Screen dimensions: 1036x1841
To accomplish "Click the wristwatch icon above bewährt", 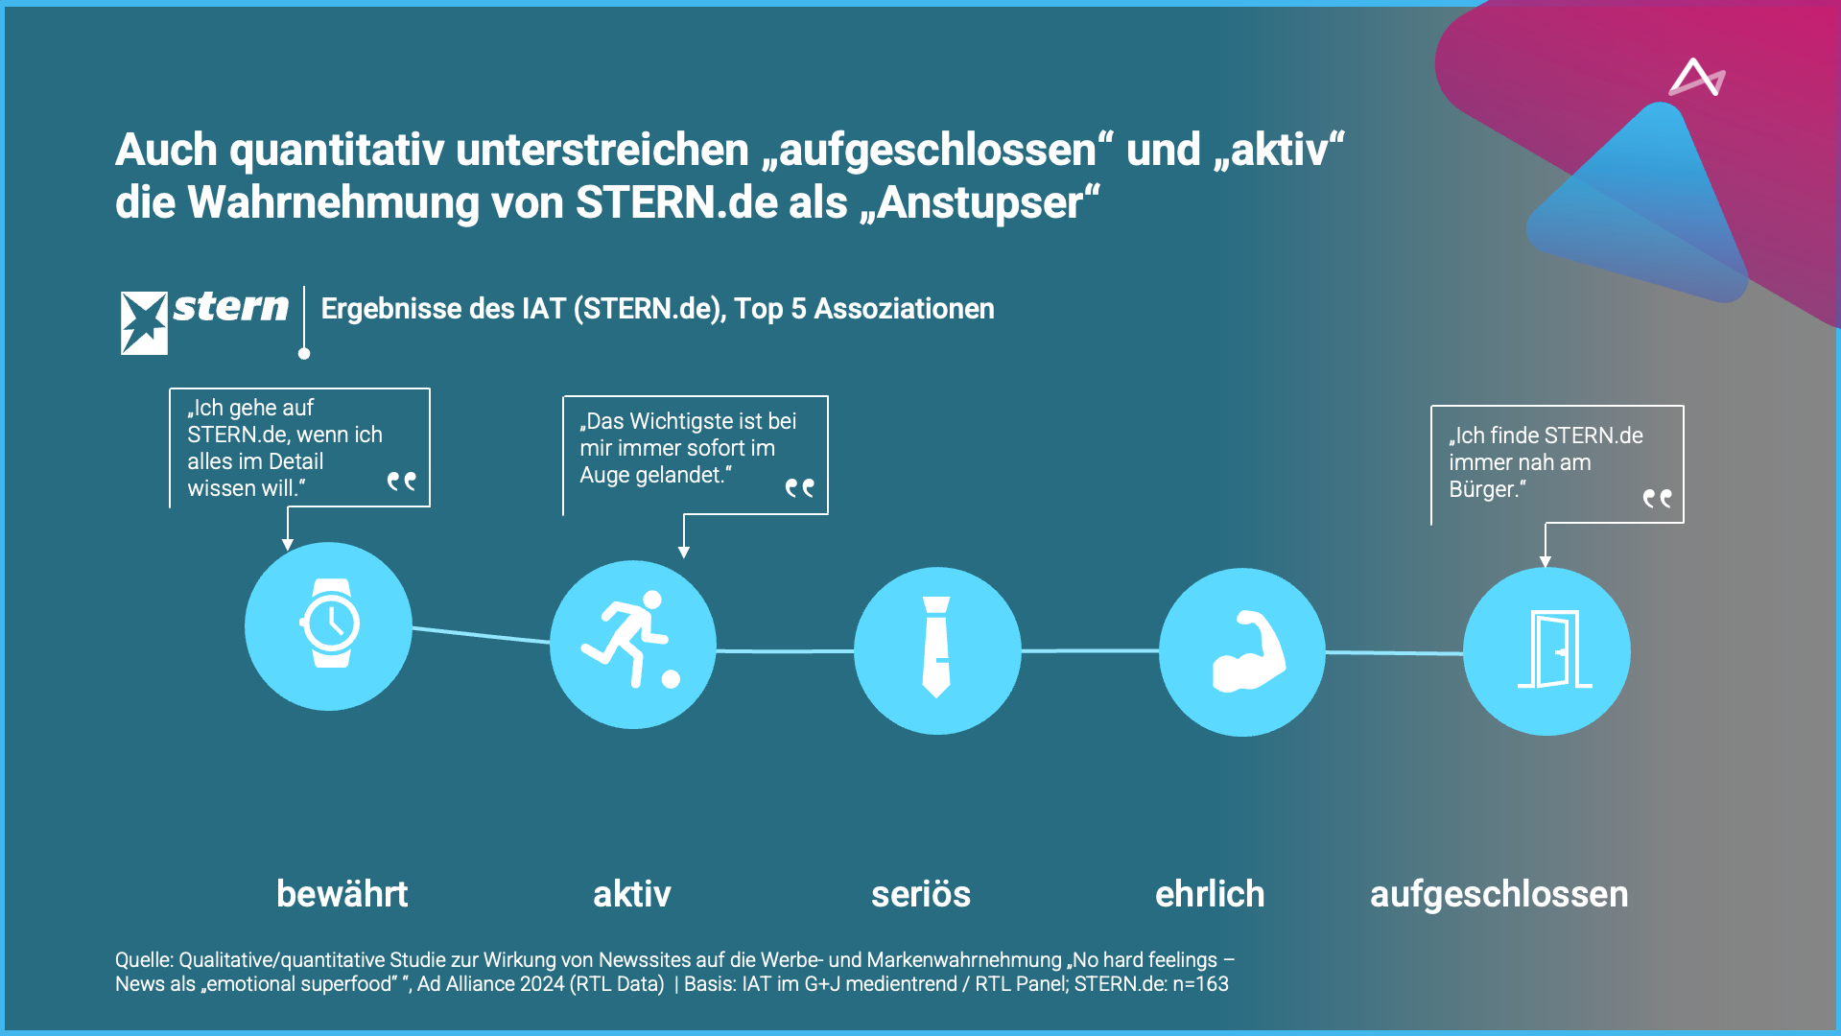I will (329, 624).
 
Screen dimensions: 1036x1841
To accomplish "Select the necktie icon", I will (936, 647).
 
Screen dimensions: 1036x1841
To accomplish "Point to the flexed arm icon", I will (1246, 652).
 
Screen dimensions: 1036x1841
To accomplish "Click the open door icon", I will (1553, 650).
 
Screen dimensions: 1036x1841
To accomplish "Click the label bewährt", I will (342, 894).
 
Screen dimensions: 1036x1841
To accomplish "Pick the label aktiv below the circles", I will (631, 894).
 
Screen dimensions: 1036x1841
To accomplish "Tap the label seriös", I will (920, 894).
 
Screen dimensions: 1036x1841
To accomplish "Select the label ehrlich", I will (1209, 894).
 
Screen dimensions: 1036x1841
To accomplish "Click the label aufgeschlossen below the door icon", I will (1499, 894).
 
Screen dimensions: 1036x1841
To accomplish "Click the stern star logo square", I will (144, 322).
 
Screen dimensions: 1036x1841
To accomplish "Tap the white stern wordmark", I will (230, 307).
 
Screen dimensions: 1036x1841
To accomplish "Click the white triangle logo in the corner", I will (1696, 79).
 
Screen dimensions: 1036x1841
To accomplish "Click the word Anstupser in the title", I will (980, 203).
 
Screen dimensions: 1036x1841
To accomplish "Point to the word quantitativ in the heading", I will (337, 151).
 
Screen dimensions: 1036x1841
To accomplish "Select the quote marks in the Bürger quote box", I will (1657, 498).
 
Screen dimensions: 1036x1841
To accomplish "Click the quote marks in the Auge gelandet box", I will (799, 488).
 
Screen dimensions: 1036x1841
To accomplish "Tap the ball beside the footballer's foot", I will (671, 679).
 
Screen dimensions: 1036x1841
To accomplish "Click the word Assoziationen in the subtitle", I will (904, 309).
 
